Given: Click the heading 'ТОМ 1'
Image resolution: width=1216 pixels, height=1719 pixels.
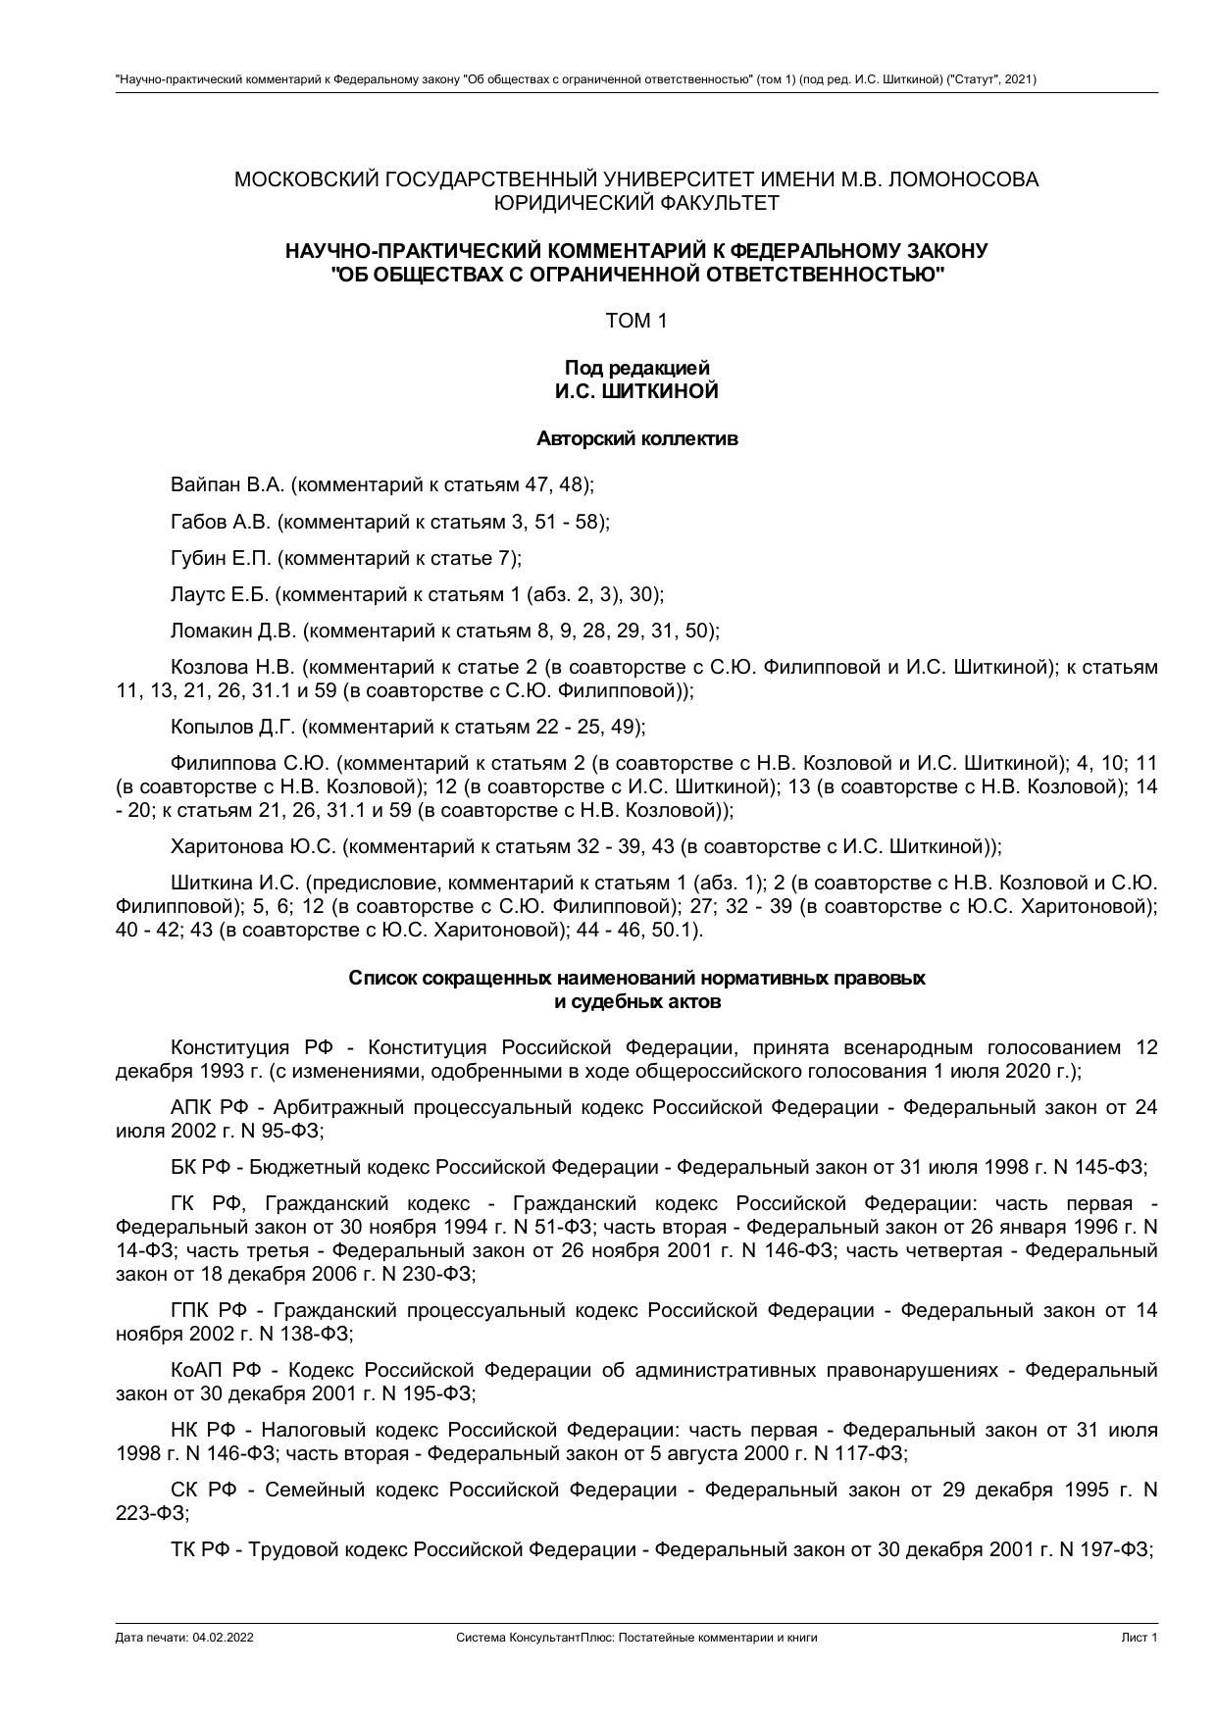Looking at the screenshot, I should (x=636, y=321).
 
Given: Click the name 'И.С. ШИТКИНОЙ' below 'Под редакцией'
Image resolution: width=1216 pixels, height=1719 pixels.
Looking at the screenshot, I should (x=636, y=391).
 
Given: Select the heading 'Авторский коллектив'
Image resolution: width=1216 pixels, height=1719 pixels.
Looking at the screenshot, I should (x=636, y=438).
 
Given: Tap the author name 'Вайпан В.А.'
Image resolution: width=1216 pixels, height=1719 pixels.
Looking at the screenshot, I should (x=228, y=484).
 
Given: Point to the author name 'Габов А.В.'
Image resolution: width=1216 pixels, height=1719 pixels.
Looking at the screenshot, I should (x=221, y=522).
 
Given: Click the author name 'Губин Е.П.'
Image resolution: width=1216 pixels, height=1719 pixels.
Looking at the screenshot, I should (x=221, y=558).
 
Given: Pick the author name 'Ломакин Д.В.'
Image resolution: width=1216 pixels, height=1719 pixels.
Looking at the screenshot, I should (x=233, y=631).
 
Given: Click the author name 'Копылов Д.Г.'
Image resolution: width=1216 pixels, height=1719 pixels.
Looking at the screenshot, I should (x=232, y=727).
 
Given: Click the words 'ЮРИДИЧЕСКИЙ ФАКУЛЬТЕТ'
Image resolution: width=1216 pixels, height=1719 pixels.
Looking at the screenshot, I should (x=636, y=203).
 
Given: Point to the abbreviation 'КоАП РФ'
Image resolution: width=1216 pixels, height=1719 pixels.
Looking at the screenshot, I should (x=215, y=1370).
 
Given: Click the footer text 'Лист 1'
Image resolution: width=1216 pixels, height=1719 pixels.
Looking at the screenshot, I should (x=1140, y=1638).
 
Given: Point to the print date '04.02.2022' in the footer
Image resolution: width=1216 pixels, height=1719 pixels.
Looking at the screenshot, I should (x=224, y=1638).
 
